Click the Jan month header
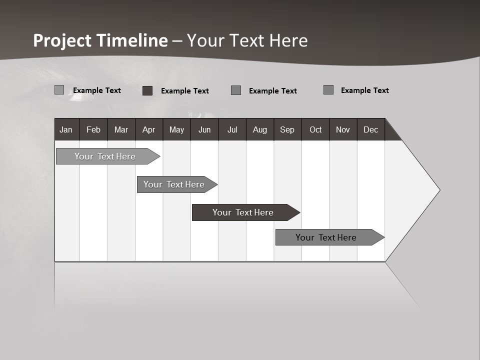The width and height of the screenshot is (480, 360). [66, 129]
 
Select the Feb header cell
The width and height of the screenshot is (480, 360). [93, 129]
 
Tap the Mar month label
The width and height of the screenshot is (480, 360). [121, 129]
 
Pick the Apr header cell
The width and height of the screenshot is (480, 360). [148, 129]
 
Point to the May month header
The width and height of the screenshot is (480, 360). [176, 129]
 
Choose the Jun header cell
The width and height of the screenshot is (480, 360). [204, 129]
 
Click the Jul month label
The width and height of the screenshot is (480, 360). [232, 129]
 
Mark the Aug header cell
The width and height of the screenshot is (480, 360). [259, 129]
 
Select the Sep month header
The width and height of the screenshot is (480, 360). [287, 129]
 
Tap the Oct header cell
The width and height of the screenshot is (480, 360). [315, 129]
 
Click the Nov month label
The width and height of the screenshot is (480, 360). [343, 129]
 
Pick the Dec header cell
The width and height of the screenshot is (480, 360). [370, 129]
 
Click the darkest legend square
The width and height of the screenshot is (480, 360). [147, 90]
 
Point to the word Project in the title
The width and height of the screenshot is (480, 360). [62, 40]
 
